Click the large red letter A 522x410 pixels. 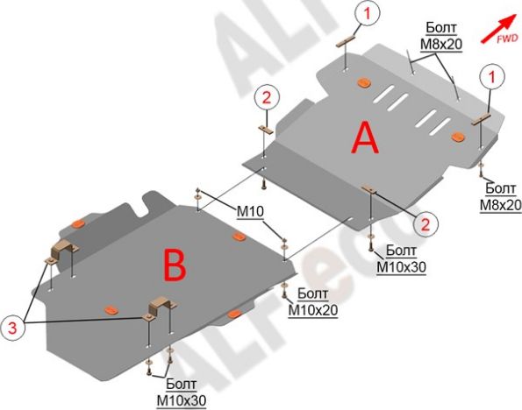click(365, 138)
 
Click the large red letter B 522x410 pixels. click(175, 265)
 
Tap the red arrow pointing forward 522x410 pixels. click(498, 29)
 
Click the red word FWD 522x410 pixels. click(507, 39)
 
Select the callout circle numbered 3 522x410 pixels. click(12, 329)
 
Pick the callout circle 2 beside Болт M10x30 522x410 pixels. click(425, 224)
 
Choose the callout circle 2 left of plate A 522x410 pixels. click(267, 98)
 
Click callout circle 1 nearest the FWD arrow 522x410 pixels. click(491, 77)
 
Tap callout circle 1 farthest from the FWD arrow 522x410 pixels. click(367, 14)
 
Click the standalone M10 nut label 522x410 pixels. click(250, 211)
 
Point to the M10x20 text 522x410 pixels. click(313, 310)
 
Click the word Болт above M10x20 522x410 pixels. click(312, 293)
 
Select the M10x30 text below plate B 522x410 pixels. click(182, 400)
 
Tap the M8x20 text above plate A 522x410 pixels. click(441, 44)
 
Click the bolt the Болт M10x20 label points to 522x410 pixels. click(284, 292)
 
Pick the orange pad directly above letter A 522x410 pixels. click(363, 82)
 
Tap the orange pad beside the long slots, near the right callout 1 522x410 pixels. click(459, 136)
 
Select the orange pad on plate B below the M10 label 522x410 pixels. click(238, 237)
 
